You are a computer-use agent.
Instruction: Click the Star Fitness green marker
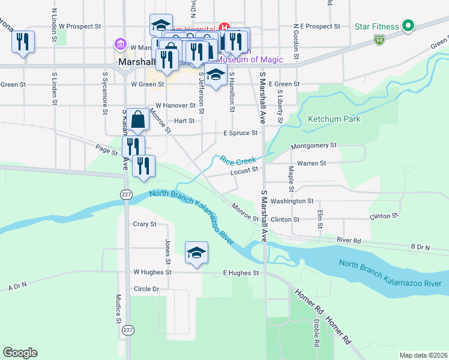click(x=408, y=26)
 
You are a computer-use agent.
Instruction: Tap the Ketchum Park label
click(x=334, y=119)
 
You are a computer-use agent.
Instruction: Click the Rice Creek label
click(x=238, y=160)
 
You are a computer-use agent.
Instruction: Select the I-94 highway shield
click(x=379, y=40)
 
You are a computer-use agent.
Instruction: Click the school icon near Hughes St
click(x=196, y=253)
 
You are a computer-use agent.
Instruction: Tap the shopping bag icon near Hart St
click(x=138, y=119)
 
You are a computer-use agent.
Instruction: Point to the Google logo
click(x=20, y=353)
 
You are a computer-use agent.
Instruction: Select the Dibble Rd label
click(x=316, y=334)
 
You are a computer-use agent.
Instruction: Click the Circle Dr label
click(x=146, y=289)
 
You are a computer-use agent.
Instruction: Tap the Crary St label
click(x=145, y=224)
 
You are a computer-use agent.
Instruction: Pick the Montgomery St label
click(x=313, y=146)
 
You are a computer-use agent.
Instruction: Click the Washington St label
click(x=292, y=201)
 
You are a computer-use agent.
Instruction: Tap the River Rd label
click(x=349, y=240)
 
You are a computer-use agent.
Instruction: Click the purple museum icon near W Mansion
click(x=120, y=44)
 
